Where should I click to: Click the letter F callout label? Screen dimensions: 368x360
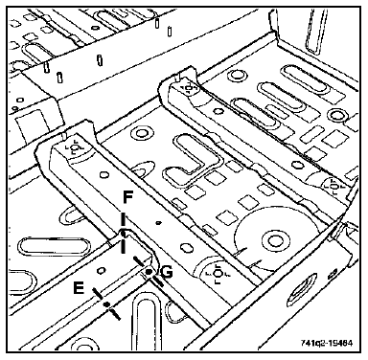[x=127, y=197]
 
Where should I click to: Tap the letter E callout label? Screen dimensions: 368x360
[x=79, y=289]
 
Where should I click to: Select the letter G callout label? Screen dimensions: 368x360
[x=168, y=272]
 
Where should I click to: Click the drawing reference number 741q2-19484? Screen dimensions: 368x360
[x=327, y=344]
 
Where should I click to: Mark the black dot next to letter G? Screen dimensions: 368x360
[x=149, y=272]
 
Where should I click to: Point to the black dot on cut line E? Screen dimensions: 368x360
[x=107, y=304]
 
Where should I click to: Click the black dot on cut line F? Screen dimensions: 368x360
[x=124, y=234]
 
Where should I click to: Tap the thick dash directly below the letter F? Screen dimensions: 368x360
[x=123, y=220]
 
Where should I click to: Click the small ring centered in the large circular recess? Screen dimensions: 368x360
[x=274, y=239]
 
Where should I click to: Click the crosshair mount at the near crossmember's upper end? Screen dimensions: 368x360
[x=75, y=148]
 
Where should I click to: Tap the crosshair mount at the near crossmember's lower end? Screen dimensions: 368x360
[x=218, y=274]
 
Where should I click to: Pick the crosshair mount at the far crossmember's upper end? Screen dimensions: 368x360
[x=188, y=88]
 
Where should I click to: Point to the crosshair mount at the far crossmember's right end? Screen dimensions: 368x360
[x=334, y=186]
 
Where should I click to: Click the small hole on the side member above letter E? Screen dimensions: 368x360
[x=102, y=271]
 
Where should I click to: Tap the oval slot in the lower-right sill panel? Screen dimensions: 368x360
[x=303, y=288]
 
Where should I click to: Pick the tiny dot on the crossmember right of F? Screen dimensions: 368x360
[x=158, y=223]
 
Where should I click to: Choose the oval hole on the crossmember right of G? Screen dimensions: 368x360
[x=185, y=247]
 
